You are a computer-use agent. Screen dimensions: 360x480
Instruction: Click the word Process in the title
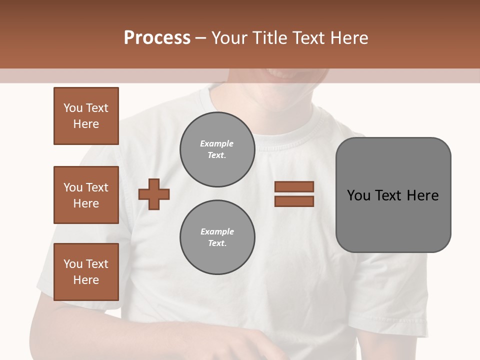click(x=157, y=38)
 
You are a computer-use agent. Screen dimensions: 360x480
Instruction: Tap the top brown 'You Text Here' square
click(x=86, y=116)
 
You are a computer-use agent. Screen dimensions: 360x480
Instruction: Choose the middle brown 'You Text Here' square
click(x=86, y=195)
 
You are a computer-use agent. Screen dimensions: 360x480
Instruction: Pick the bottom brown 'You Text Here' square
click(x=86, y=272)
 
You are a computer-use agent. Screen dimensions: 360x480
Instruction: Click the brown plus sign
click(x=154, y=194)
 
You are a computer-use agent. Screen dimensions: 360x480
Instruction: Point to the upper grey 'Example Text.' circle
click(x=217, y=149)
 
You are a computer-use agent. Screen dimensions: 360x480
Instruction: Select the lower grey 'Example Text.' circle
click(x=217, y=237)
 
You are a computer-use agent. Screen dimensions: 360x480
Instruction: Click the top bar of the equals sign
click(x=294, y=186)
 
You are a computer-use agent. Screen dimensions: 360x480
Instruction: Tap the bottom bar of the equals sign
click(x=294, y=201)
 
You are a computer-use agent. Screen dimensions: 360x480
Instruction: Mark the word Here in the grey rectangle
click(x=422, y=195)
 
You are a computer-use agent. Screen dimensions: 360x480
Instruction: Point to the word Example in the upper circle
click(x=217, y=144)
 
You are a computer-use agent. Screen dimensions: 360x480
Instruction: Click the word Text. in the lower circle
click(x=217, y=243)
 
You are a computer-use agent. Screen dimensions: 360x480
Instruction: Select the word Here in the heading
click(x=349, y=38)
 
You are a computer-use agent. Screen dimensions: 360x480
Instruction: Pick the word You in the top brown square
click(x=73, y=108)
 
